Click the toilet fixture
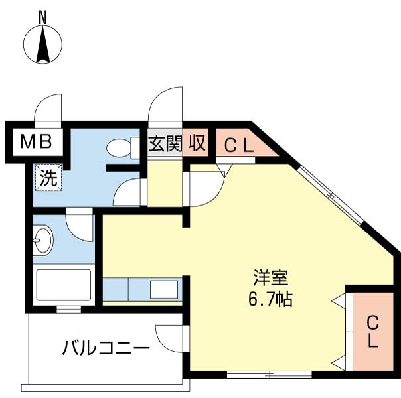121,147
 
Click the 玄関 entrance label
165,143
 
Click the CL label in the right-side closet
373,332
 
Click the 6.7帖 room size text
270,298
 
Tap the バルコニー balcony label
106,347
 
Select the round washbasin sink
43,239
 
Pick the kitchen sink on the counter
163,290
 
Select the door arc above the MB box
49,109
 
